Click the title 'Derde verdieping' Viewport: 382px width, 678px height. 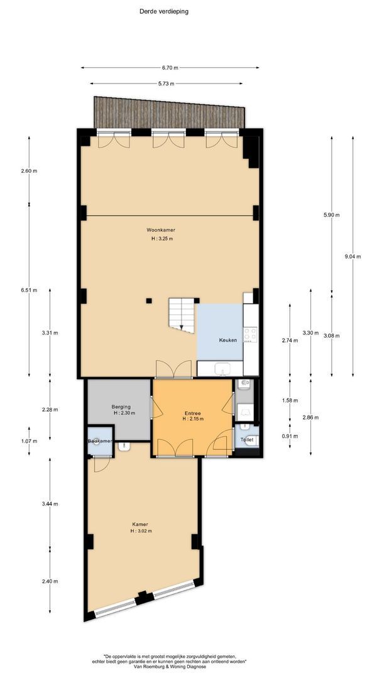163,12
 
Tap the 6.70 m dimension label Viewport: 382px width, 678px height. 170,67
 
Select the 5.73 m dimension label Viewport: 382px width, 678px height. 166,83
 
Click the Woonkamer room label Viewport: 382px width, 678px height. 160,230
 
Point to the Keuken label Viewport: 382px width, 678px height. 228,340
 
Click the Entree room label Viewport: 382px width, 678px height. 192,413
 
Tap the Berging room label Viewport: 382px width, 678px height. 121,406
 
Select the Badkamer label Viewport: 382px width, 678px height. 101,441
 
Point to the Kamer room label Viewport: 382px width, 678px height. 137,524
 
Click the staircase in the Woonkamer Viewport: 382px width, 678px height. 182,315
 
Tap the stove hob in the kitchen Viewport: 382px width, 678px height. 251,335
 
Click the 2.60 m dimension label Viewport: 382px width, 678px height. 29,171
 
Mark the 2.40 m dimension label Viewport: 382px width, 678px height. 50,581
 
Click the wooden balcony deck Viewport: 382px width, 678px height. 170,112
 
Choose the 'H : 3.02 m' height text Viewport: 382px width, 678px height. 141,532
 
